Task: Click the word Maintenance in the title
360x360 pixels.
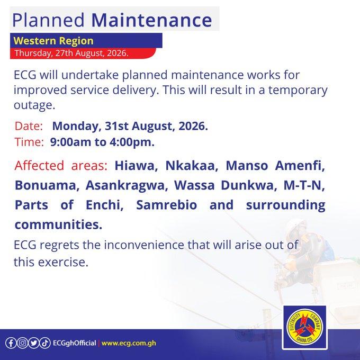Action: coord(151,20)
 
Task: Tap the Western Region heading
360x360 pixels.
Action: coord(53,41)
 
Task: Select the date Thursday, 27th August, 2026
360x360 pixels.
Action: coord(71,53)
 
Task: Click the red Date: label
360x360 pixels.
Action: coord(29,126)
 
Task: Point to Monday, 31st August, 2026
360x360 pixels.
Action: coord(130,126)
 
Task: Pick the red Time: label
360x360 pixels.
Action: coord(29,142)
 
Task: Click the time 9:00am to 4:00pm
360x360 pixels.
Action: coord(102,142)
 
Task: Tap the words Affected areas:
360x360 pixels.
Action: coord(61,165)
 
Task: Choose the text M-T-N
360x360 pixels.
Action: coord(304,185)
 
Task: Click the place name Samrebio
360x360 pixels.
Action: coord(166,205)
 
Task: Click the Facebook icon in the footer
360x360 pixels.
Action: coord(11,343)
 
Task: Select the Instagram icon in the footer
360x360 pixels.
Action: coord(22,343)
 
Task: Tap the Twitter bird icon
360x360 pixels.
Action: coord(34,343)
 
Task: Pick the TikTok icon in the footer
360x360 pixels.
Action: coord(45,343)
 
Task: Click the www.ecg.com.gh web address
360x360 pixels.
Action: coord(129,343)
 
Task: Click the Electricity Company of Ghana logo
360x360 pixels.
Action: coord(305,327)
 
